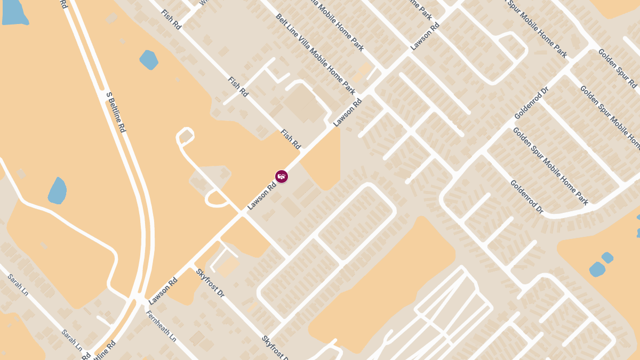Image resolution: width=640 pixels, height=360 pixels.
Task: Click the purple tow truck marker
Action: click(x=282, y=176)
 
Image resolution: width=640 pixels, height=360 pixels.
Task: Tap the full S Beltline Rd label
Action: click(x=115, y=113)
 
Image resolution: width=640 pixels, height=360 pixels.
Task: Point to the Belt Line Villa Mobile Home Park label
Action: click(x=315, y=54)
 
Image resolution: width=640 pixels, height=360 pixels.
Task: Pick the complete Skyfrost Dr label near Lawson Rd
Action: click(x=210, y=283)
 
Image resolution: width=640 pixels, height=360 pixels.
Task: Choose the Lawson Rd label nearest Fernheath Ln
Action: click(x=163, y=291)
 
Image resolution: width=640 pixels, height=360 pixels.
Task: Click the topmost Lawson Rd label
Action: click(x=425, y=36)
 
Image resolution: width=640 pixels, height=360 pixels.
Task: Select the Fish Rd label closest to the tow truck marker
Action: click(x=291, y=139)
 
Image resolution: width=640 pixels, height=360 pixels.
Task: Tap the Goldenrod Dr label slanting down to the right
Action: click(x=526, y=197)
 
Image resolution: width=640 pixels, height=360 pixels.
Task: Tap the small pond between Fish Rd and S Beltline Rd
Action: click(x=149, y=59)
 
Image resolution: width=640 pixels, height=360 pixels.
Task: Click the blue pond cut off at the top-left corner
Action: click(x=14, y=12)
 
